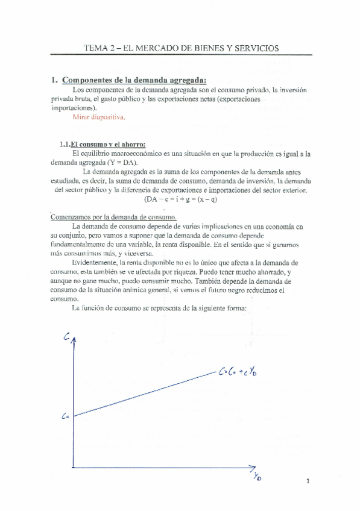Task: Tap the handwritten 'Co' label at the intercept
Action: [65, 416]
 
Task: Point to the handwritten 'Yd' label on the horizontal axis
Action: [259, 477]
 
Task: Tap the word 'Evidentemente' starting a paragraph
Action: [96, 263]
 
